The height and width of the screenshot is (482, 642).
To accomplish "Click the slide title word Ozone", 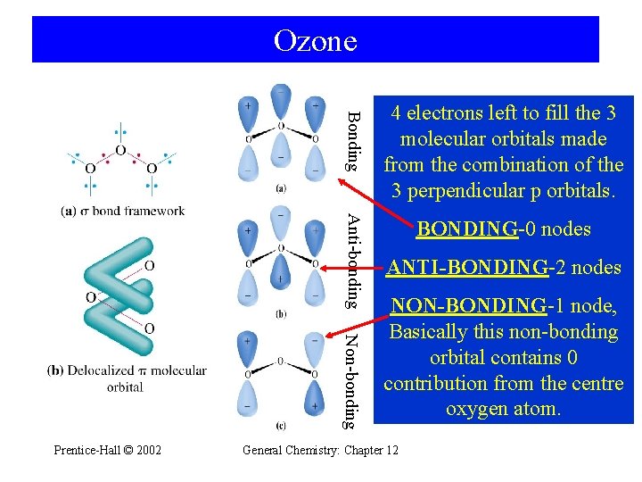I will (315, 40).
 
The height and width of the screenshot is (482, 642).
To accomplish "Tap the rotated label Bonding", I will (353, 140).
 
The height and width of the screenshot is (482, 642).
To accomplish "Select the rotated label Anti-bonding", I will (353, 261).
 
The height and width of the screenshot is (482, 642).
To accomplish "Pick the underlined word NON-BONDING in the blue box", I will (468, 306).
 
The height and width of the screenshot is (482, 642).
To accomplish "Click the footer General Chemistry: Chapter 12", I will (320, 449).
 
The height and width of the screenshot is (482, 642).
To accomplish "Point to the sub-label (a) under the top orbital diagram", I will (281, 188).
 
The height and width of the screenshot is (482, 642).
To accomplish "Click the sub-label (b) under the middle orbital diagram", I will (281, 313).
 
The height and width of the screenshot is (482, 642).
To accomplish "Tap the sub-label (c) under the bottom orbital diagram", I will (281, 425).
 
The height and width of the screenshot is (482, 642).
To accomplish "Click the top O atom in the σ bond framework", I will (120, 151).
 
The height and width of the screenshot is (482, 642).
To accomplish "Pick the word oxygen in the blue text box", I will (477, 409).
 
